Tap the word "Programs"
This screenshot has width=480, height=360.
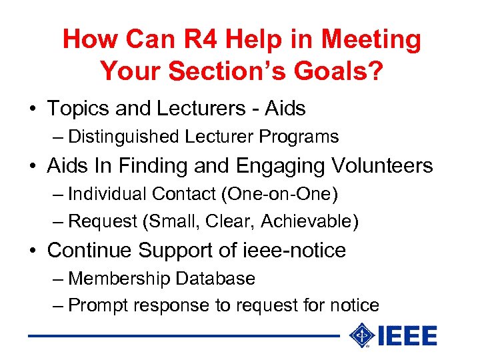tap(299, 137)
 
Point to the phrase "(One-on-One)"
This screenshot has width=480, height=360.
tap(279, 194)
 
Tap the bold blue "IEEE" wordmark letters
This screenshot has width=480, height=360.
tap(407, 336)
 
